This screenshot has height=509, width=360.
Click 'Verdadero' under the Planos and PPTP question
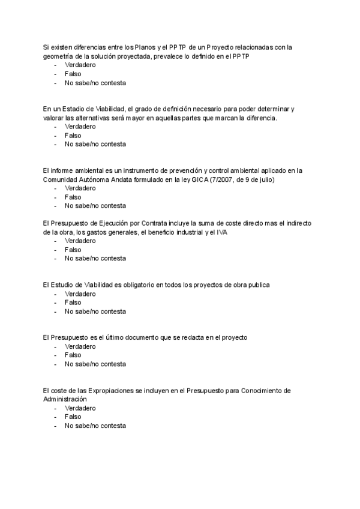point(80,65)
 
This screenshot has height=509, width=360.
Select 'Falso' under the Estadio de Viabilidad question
point(73,136)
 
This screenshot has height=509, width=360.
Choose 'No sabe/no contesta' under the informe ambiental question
point(95,206)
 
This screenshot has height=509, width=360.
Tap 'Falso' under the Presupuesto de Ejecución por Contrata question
point(73,250)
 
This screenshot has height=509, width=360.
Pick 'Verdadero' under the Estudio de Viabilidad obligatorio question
point(80,294)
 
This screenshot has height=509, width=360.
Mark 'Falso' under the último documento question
point(73,355)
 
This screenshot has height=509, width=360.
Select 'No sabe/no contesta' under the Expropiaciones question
point(95,426)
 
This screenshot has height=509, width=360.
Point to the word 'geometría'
point(59,56)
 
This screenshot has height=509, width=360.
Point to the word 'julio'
point(271,179)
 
